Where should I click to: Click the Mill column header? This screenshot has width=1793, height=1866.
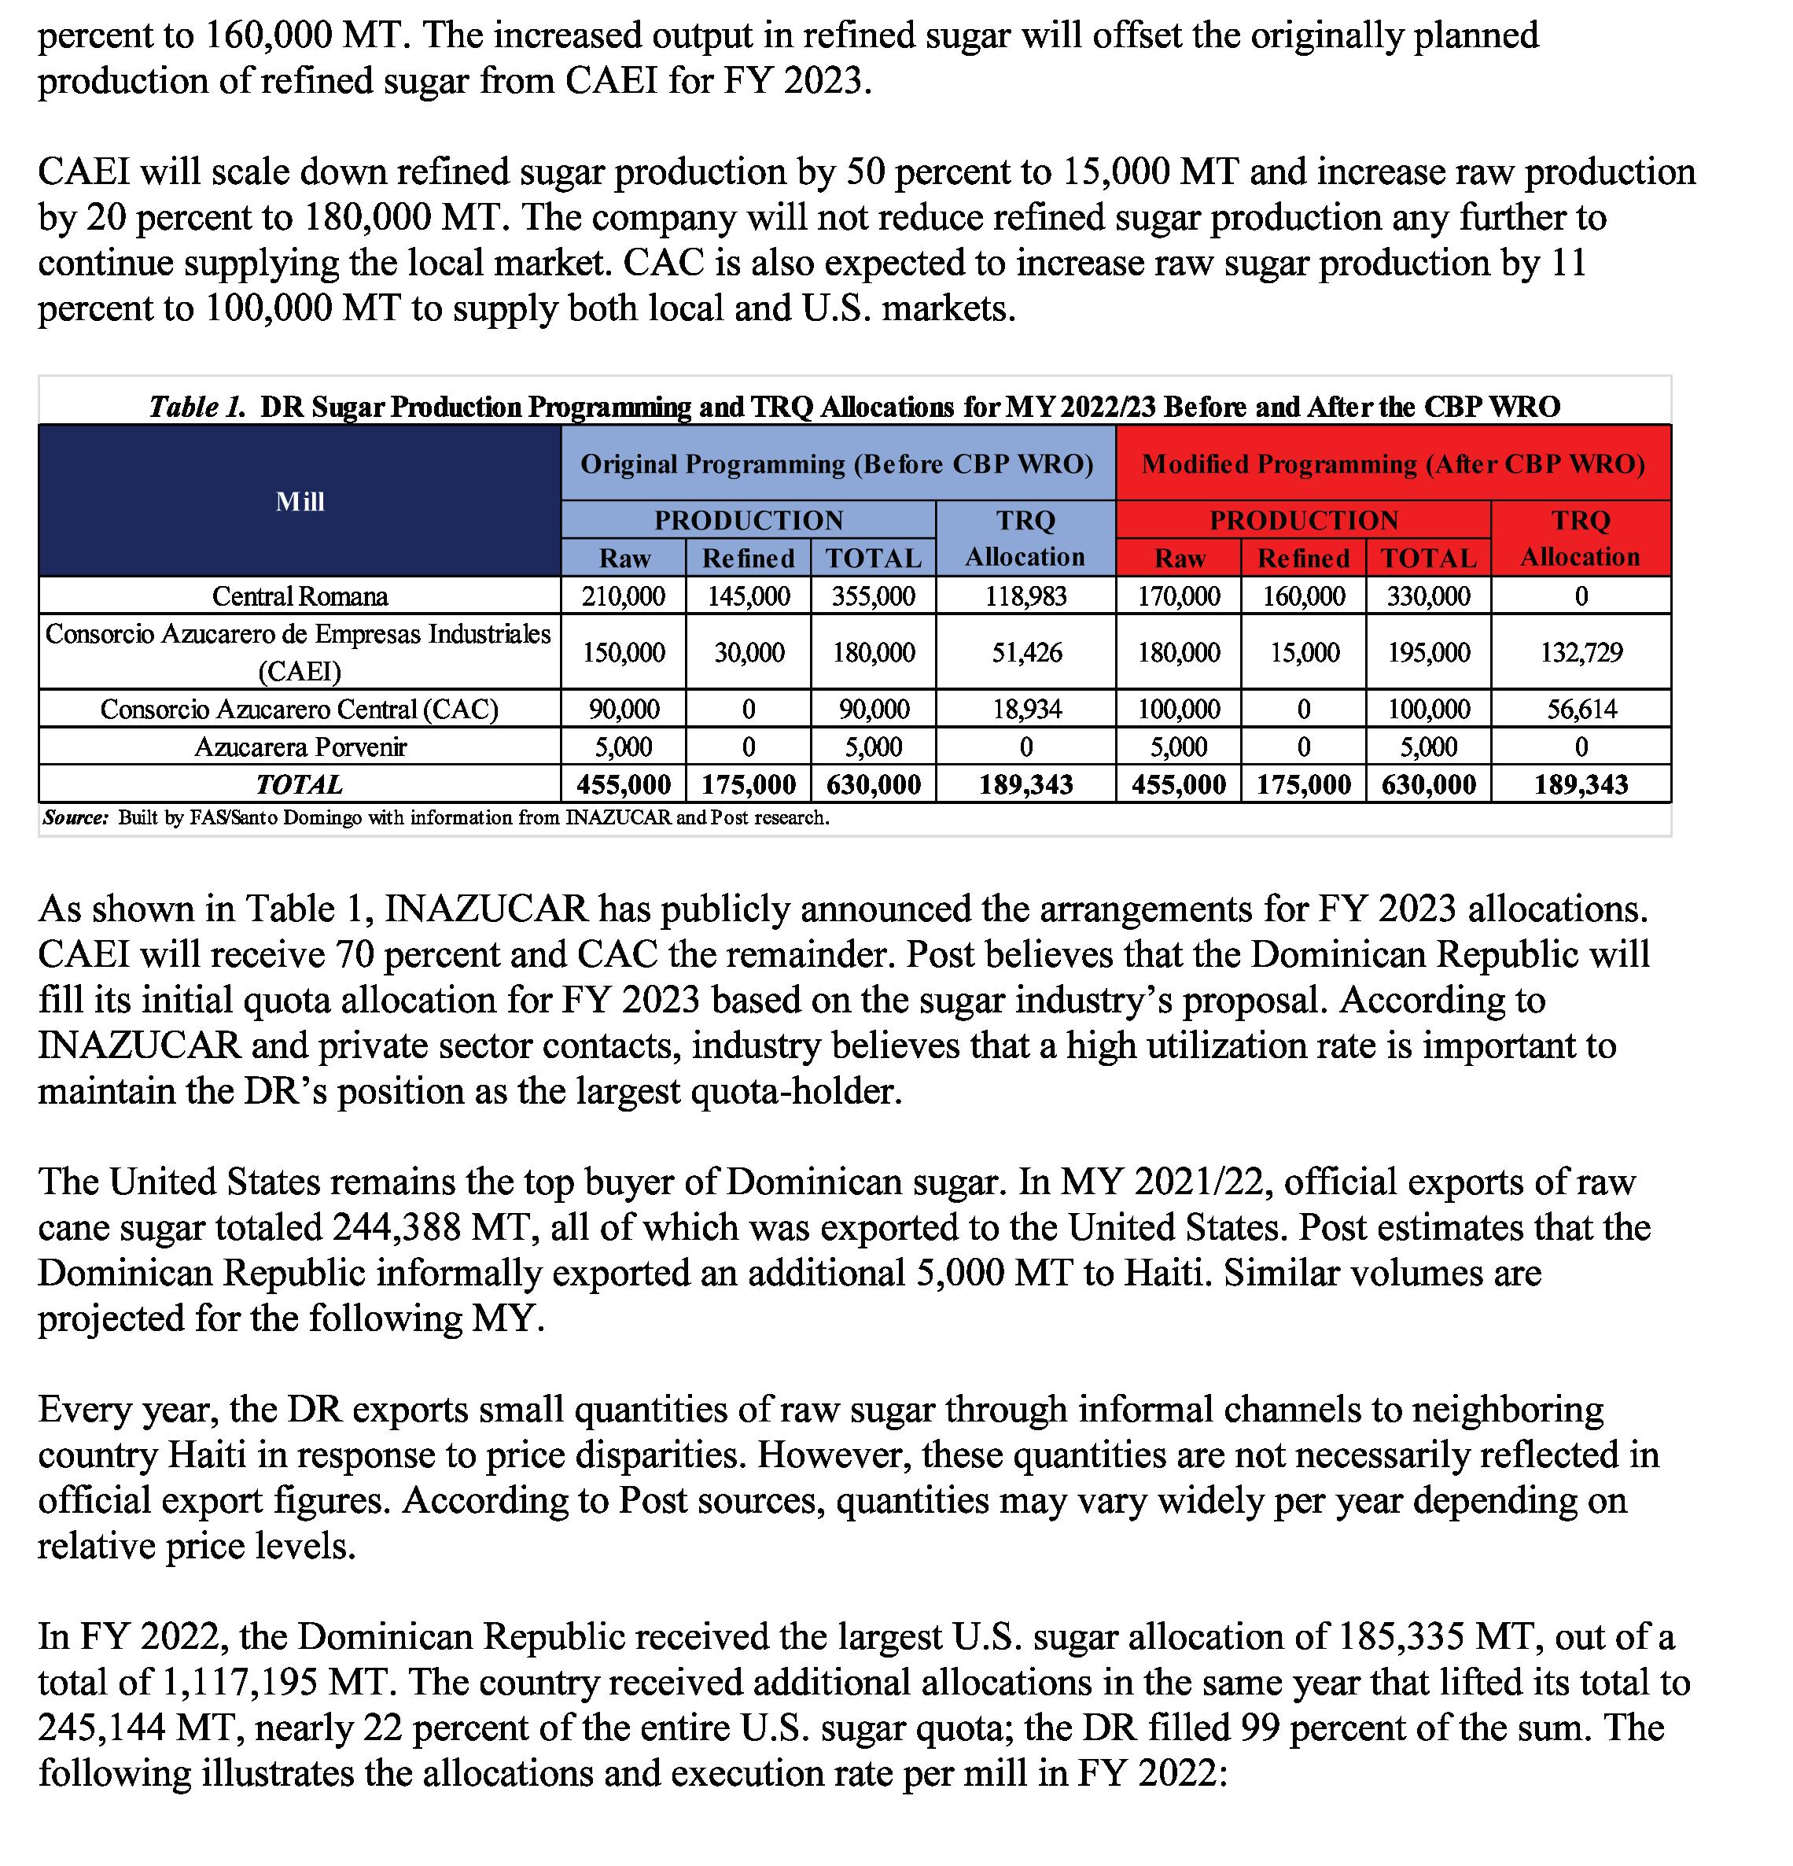300,501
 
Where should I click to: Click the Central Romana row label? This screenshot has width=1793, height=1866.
300,596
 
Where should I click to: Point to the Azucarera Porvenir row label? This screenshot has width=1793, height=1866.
300,747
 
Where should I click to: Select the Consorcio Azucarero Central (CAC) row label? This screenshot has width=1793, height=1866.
300,710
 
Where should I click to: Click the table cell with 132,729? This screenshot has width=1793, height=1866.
1581,652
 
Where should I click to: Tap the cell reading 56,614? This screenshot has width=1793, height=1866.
1581,710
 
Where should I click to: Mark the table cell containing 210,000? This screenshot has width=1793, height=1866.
624,596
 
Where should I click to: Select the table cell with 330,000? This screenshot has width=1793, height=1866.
1427,596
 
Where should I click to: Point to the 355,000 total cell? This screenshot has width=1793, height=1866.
873,596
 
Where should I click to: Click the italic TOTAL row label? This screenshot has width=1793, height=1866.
300,784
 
